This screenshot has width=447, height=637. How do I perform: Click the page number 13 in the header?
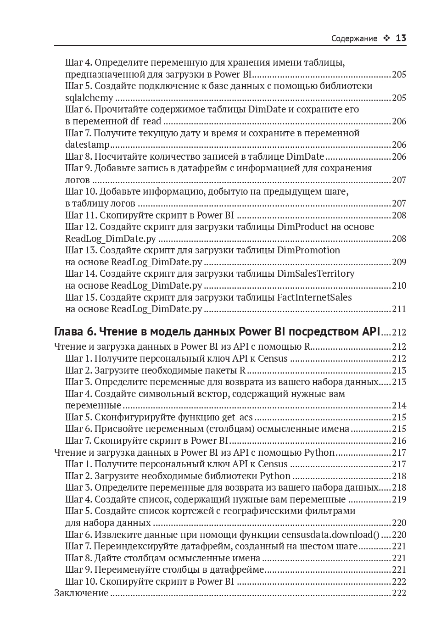401,39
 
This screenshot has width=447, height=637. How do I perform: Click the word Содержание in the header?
354,39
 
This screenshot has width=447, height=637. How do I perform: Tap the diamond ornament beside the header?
386,39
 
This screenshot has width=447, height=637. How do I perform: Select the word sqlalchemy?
89,98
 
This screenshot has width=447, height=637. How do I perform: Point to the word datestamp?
87,145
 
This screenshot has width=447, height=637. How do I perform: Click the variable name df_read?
145,121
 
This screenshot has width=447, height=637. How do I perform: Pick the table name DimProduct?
303,227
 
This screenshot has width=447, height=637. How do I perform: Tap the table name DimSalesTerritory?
316,274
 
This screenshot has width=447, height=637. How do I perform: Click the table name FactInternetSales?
314,297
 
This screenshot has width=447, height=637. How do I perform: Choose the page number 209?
399,262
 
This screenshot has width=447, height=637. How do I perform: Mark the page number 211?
399,309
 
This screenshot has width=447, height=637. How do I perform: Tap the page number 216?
399,441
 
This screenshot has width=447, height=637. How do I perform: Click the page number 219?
399,499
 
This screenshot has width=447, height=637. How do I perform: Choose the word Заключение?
81,593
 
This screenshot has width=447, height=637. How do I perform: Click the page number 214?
399,405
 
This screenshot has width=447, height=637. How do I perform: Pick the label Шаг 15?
81,297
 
